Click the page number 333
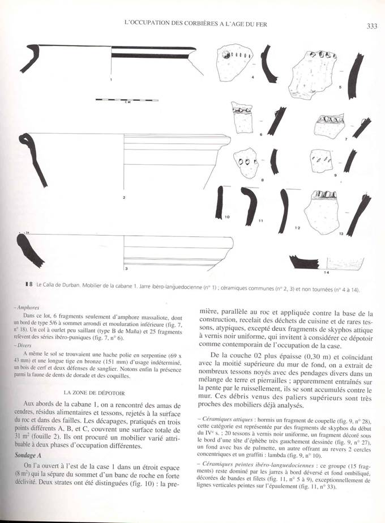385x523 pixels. point(372,25)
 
